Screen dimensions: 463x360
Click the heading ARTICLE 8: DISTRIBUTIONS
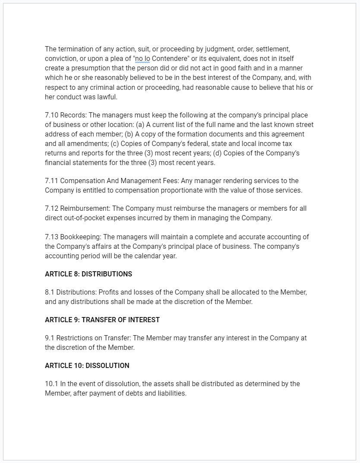tap(88, 274)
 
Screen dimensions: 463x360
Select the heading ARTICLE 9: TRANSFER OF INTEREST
tap(102, 320)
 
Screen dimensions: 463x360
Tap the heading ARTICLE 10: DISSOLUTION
tap(87, 365)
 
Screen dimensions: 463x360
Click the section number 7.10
tap(51, 115)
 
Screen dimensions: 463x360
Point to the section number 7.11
tap(51, 181)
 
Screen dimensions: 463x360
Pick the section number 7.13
tap(51, 237)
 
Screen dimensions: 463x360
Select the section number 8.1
tap(50, 292)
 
